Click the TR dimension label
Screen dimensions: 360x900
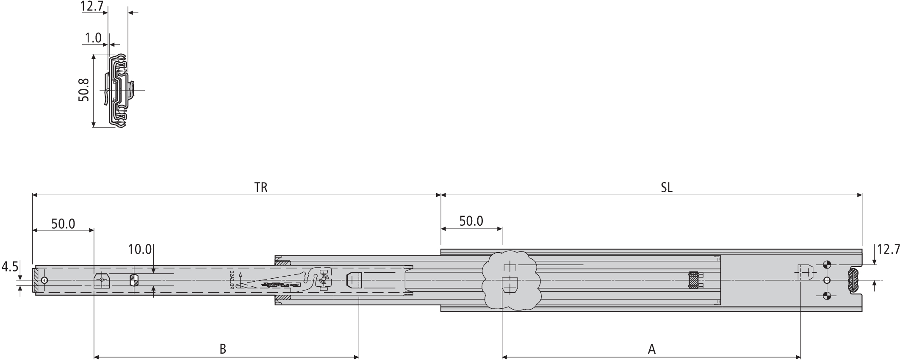(x=261, y=188)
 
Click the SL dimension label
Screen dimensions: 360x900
(x=666, y=188)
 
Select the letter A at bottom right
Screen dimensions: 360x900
(x=652, y=349)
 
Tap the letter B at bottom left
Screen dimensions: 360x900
(x=223, y=349)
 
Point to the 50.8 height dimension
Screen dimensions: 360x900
(x=83, y=89)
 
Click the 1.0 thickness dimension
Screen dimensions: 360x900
(x=93, y=39)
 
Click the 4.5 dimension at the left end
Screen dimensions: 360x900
(x=9, y=267)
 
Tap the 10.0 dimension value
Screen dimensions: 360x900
(x=140, y=249)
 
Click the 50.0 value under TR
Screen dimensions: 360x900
(x=63, y=224)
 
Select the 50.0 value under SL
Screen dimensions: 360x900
(x=471, y=221)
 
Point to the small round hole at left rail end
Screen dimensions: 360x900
(x=44, y=280)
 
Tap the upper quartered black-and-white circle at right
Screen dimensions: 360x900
(x=826, y=266)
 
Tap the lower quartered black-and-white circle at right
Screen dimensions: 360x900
(x=826, y=295)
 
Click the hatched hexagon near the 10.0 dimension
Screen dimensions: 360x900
(x=134, y=280)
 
